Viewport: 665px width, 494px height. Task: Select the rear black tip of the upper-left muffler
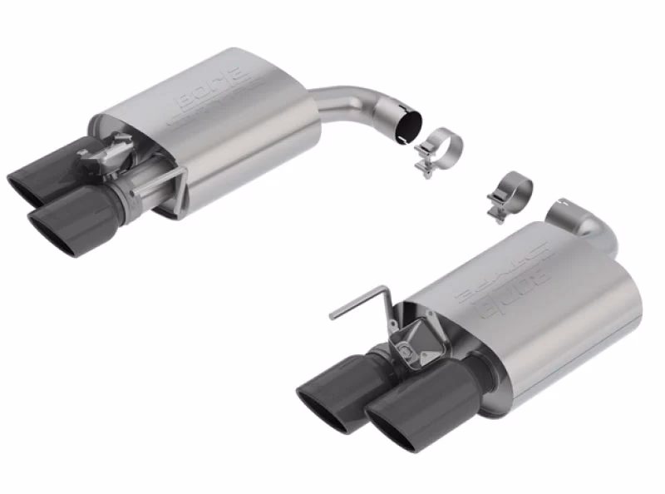42,170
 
